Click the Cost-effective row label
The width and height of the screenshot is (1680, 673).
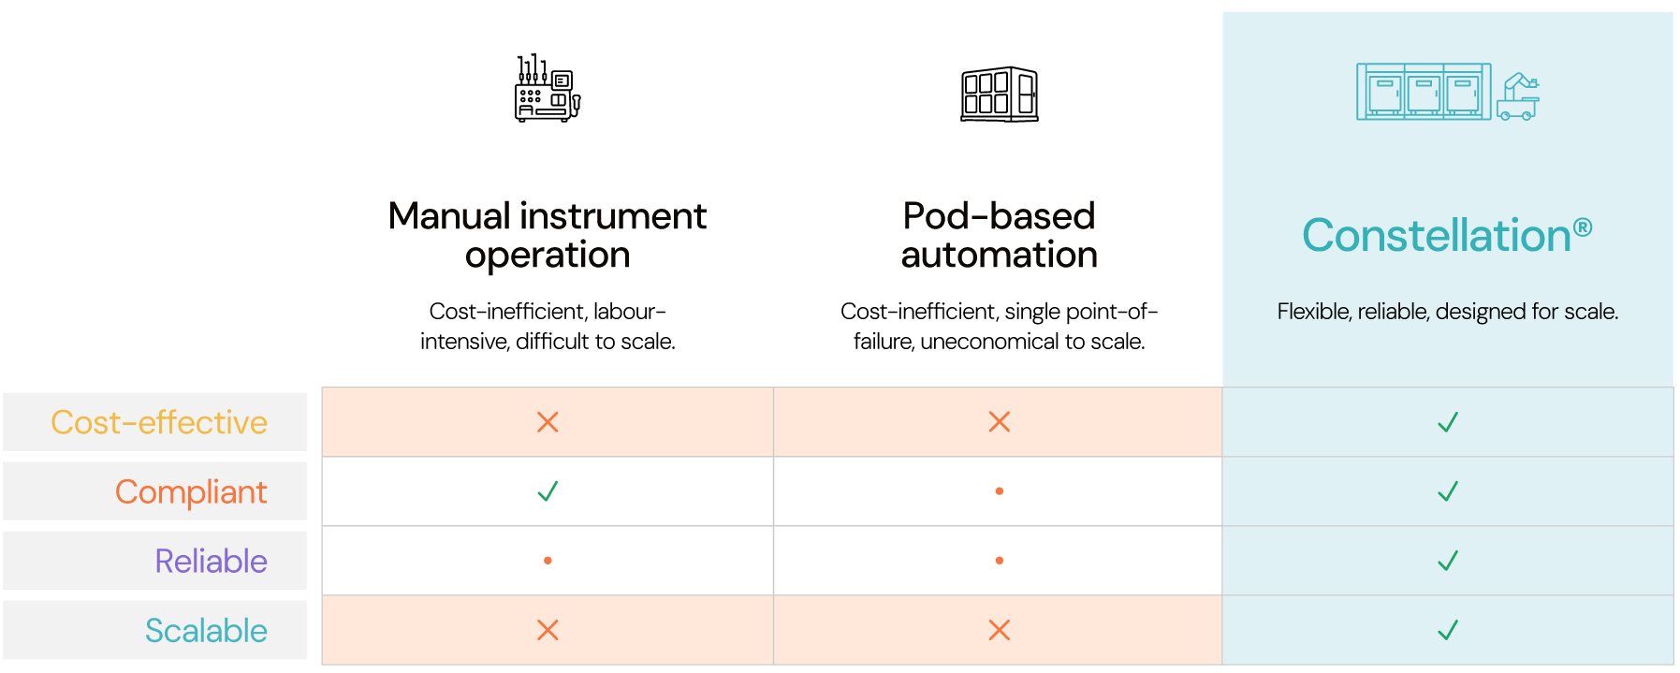[159, 422]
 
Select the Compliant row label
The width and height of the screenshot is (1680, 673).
[191, 492]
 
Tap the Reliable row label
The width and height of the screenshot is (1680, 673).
[211, 561]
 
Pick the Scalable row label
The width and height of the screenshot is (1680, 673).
[206, 630]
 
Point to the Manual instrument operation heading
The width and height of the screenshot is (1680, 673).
[548, 235]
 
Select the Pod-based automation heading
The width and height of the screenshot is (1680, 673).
[1000, 235]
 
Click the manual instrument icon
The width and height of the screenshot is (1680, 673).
[548, 88]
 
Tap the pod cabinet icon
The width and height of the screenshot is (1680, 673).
[1000, 94]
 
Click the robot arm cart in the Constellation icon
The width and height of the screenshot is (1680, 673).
[1518, 96]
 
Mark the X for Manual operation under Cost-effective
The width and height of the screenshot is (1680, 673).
[548, 422]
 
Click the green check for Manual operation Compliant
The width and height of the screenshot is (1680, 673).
[548, 490]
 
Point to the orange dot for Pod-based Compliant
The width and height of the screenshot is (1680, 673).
[1000, 491]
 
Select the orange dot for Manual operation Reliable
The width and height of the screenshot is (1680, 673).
[548, 561]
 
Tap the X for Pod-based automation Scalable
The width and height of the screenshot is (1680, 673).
[1000, 630]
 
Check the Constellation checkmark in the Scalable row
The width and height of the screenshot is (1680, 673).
[1448, 630]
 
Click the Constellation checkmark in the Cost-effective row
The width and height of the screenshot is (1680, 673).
[1448, 422]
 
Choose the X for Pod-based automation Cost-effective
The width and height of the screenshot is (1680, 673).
[1000, 422]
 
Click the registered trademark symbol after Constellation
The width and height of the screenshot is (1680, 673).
[1583, 227]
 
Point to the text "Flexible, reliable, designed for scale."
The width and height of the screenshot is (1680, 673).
[1448, 312]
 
